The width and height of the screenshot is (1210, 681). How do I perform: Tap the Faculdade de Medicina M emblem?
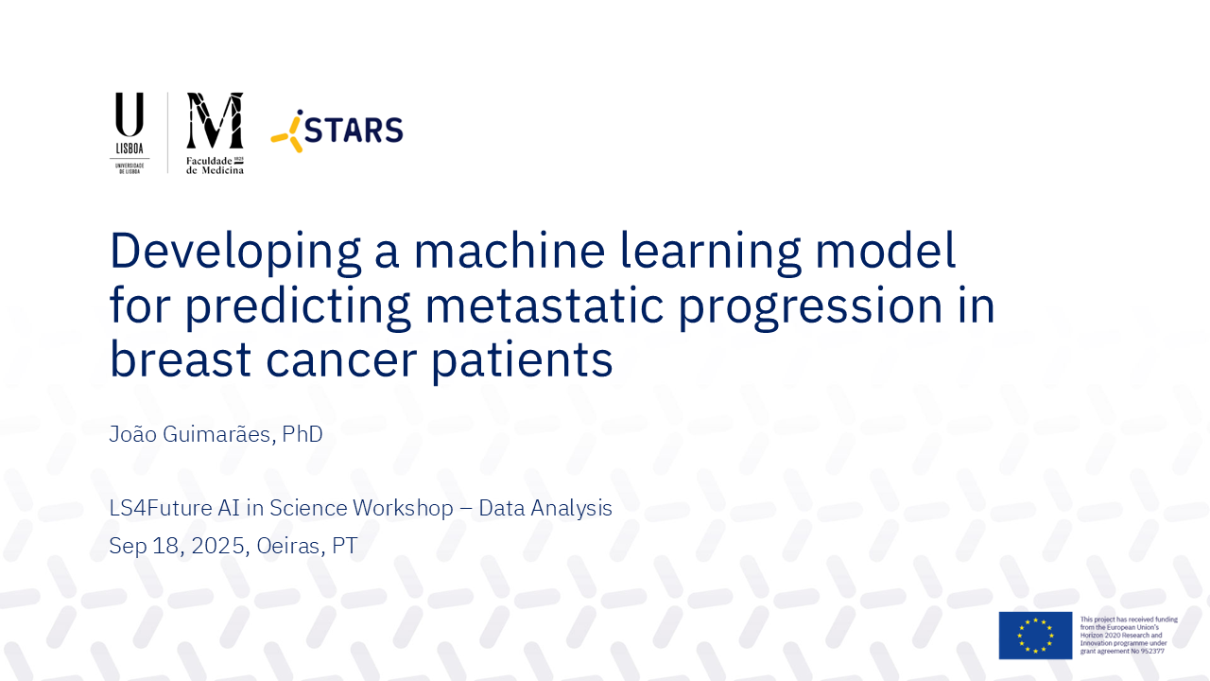(x=215, y=120)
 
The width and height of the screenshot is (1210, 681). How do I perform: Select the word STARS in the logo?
(x=354, y=131)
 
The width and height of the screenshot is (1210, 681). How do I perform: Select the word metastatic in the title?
(x=544, y=305)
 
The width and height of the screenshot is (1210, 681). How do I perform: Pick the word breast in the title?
(x=181, y=358)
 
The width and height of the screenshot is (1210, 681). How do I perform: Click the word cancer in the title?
(x=341, y=360)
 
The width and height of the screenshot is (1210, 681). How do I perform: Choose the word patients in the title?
(x=522, y=361)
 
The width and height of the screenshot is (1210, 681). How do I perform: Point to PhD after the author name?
(x=302, y=434)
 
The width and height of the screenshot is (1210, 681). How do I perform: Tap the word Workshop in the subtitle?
(x=403, y=509)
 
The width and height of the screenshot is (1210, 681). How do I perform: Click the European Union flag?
(x=1035, y=636)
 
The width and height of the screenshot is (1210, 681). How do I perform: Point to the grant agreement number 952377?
(x=1152, y=652)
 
